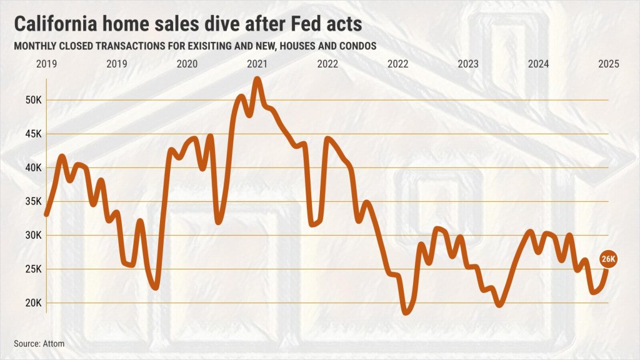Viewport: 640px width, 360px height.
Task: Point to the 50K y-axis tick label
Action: click(x=33, y=100)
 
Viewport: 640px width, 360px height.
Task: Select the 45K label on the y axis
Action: click(x=33, y=134)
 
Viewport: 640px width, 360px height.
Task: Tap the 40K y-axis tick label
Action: click(x=33, y=167)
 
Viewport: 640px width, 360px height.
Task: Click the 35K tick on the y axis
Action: click(x=33, y=201)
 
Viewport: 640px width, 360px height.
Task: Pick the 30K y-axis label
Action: click(x=33, y=235)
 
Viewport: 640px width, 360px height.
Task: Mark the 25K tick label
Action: click(x=33, y=269)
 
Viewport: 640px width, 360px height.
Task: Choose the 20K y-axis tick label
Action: click(x=33, y=302)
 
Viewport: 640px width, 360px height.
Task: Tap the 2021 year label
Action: click(x=257, y=64)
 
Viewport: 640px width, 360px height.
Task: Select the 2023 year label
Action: click(x=468, y=64)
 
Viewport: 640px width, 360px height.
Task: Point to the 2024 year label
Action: click(x=538, y=64)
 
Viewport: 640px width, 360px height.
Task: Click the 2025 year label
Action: click(x=608, y=64)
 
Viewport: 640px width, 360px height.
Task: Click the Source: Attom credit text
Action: click(x=39, y=343)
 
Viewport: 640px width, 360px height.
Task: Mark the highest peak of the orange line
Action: click(x=257, y=79)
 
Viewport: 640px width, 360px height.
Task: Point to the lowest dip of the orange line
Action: click(x=407, y=312)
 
